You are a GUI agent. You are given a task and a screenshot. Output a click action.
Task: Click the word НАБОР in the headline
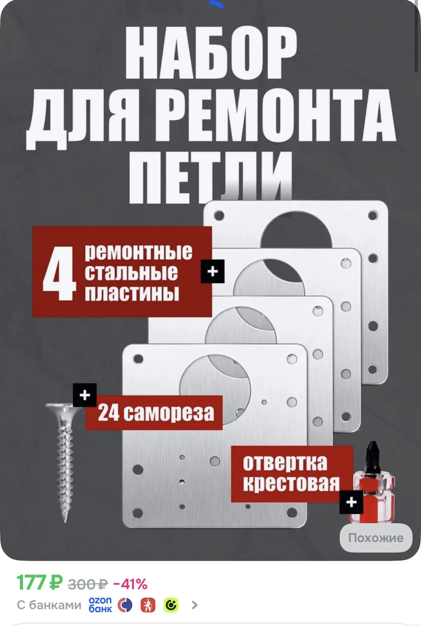point(211,52)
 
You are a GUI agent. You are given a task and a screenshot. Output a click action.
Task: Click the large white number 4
point(59,273)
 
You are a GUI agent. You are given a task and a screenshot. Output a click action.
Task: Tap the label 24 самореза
point(156,413)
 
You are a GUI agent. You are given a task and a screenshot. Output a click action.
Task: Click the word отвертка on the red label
point(285,463)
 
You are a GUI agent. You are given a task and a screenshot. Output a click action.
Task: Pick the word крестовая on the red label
point(291,484)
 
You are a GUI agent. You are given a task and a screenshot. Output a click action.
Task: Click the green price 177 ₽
point(39,583)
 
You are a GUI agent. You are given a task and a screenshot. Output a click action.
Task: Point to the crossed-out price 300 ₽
point(88,584)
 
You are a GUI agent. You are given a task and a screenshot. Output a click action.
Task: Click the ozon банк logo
point(100,605)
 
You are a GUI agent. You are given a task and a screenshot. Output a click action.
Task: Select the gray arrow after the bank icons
point(195,605)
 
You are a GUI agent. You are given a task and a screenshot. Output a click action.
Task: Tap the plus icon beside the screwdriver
point(352,502)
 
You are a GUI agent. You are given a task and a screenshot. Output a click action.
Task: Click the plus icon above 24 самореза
point(85,395)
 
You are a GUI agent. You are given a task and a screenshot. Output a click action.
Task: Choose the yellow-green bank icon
point(171,605)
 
